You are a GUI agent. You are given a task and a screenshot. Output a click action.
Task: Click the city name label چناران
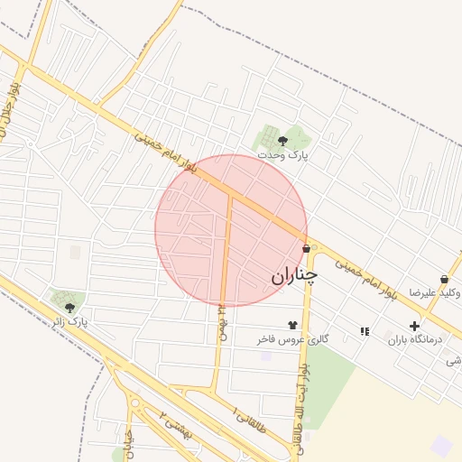click(294, 275)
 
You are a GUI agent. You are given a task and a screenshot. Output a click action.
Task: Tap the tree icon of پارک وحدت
click(282, 140)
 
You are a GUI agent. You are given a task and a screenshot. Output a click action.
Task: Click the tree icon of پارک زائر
click(69, 307)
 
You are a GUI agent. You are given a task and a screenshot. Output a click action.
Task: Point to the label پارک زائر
click(69, 321)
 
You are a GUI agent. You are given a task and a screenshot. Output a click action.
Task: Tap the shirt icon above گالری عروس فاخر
click(292, 325)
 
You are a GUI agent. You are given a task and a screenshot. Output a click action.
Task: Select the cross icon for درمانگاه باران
click(414, 326)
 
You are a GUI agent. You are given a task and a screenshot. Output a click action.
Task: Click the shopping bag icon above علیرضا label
click(444, 279)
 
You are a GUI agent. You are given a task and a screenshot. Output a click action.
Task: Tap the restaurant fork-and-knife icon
click(365, 331)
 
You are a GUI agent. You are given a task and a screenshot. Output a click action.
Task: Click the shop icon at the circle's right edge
click(306, 248)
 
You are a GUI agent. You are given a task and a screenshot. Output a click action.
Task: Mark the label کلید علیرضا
click(436, 293)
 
